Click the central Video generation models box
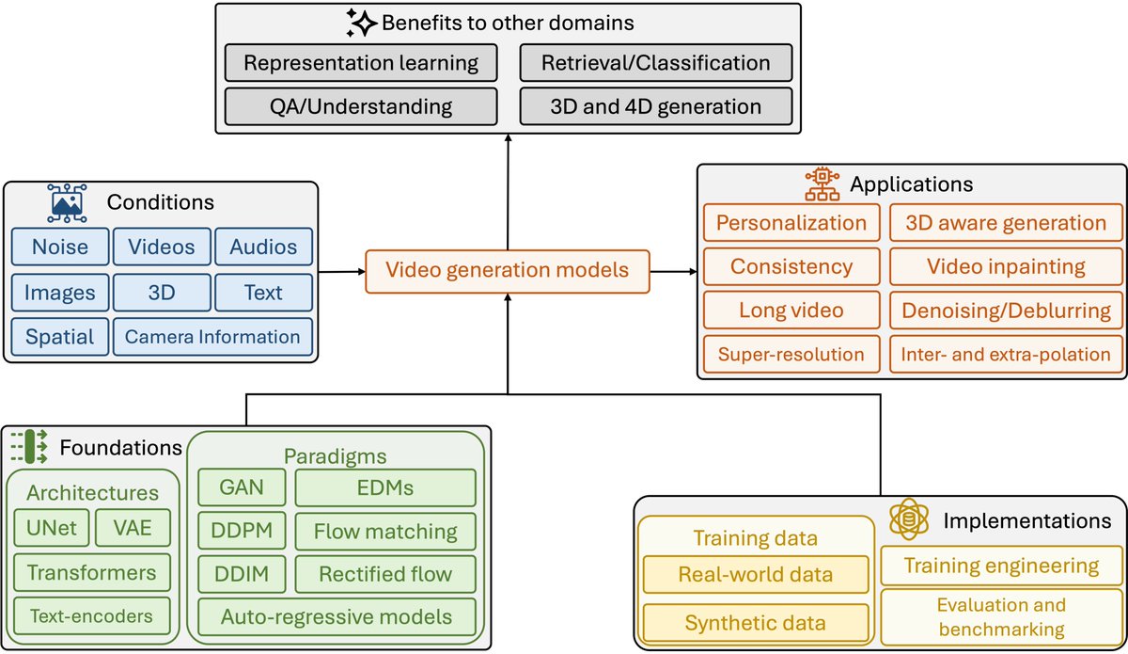[x=508, y=271]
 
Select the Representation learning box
[x=361, y=62]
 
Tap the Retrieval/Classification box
[x=656, y=62]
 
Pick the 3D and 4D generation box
[x=656, y=106]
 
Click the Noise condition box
[x=60, y=247]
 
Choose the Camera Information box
[x=212, y=337]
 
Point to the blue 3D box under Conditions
[x=162, y=293]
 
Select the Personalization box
[x=791, y=223]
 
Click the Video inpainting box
[x=1006, y=266]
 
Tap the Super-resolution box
[x=791, y=354]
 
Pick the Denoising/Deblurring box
[x=1006, y=311]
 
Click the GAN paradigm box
[x=242, y=487]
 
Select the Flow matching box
[x=385, y=531]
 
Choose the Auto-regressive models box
[x=337, y=616]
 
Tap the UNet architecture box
[x=52, y=528]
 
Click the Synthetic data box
[x=756, y=623]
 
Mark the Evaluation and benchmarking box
[x=1002, y=616]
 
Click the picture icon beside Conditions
[x=67, y=202]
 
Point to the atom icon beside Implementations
[x=909, y=518]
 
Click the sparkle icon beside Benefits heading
[x=361, y=23]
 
